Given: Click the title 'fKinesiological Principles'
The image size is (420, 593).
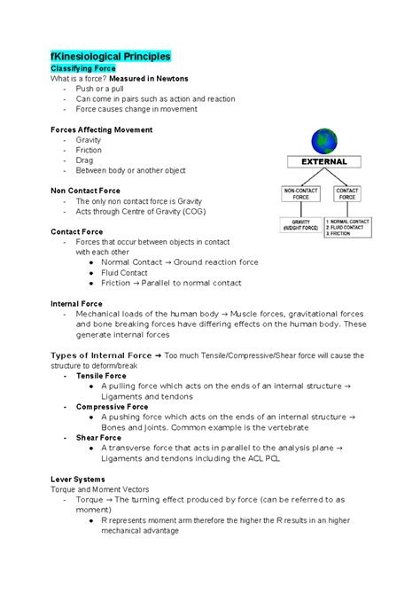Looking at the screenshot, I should (x=110, y=56).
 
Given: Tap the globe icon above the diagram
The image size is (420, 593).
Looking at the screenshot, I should (x=324, y=142).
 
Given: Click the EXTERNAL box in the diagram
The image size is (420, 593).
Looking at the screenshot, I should (x=325, y=163).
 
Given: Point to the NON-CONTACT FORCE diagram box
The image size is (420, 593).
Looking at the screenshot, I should (x=300, y=194).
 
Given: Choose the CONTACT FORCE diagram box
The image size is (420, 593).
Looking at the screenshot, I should (x=347, y=194).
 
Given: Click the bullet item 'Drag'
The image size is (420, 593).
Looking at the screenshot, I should (x=85, y=160).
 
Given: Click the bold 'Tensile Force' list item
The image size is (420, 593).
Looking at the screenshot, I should (x=101, y=376).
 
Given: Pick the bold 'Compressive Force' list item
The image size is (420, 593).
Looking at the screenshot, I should (x=112, y=406).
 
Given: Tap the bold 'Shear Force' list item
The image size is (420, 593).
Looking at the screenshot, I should (x=98, y=437).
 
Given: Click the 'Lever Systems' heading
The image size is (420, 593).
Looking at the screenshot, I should (x=78, y=479).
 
